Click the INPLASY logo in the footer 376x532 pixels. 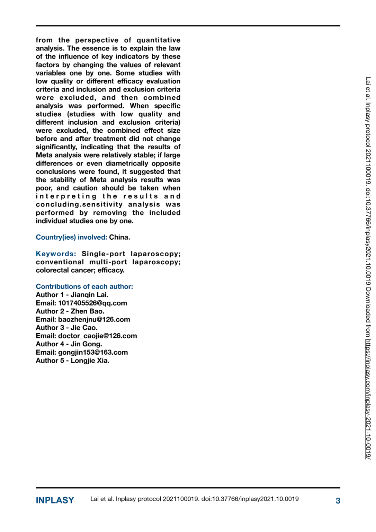[x=55, y=500]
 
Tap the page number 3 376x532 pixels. [x=338, y=500]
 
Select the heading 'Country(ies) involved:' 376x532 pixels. [x=71, y=237]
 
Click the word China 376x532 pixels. [x=119, y=237]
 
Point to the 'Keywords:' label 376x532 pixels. [x=56, y=254]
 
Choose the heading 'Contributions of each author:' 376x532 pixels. [x=84, y=286]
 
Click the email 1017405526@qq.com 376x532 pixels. [x=92, y=303]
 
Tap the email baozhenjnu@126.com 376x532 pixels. [x=94, y=319]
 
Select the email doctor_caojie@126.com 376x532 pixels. [x=97, y=336]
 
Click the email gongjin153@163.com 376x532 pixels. [x=93, y=352]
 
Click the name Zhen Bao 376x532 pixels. [x=87, y=311]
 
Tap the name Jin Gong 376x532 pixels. [x=86, y=344]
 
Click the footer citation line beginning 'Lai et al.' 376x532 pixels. [x=194, y=499]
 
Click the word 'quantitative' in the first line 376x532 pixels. [x=158, y=40]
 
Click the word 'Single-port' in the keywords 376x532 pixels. [x=103, y=254]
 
